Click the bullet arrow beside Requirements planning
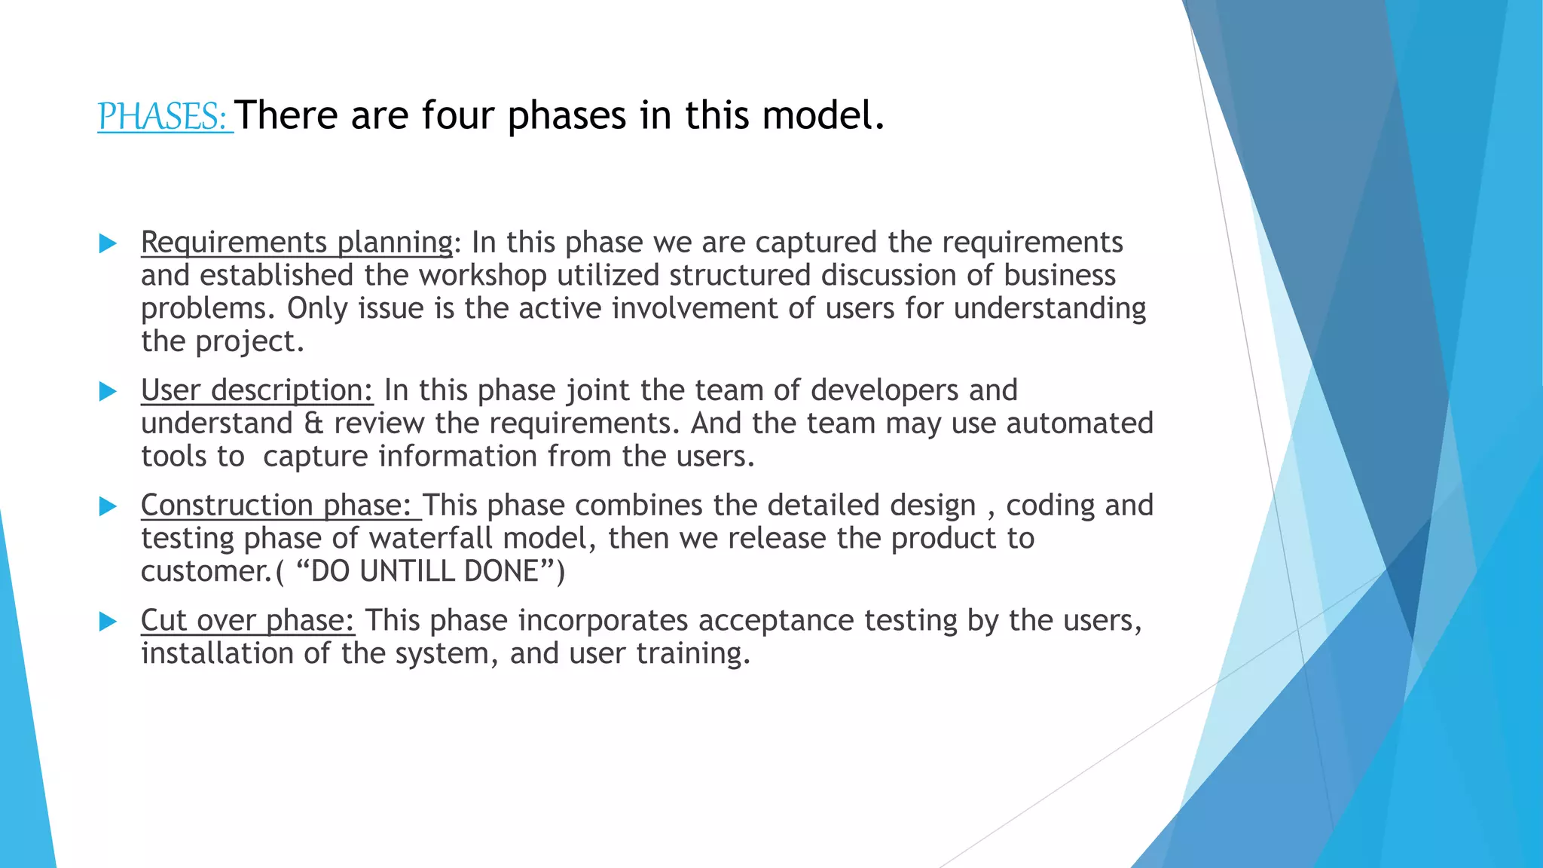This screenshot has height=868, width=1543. (108, 243)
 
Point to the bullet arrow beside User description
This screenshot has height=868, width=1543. (108, 391)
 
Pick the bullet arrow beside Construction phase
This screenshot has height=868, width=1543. (108, 506)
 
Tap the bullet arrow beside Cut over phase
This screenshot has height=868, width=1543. (108, 622)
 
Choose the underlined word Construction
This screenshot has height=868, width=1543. (227, 506)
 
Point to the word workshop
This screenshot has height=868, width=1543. (482, 276)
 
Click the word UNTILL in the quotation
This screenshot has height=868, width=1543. (406, 572)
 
